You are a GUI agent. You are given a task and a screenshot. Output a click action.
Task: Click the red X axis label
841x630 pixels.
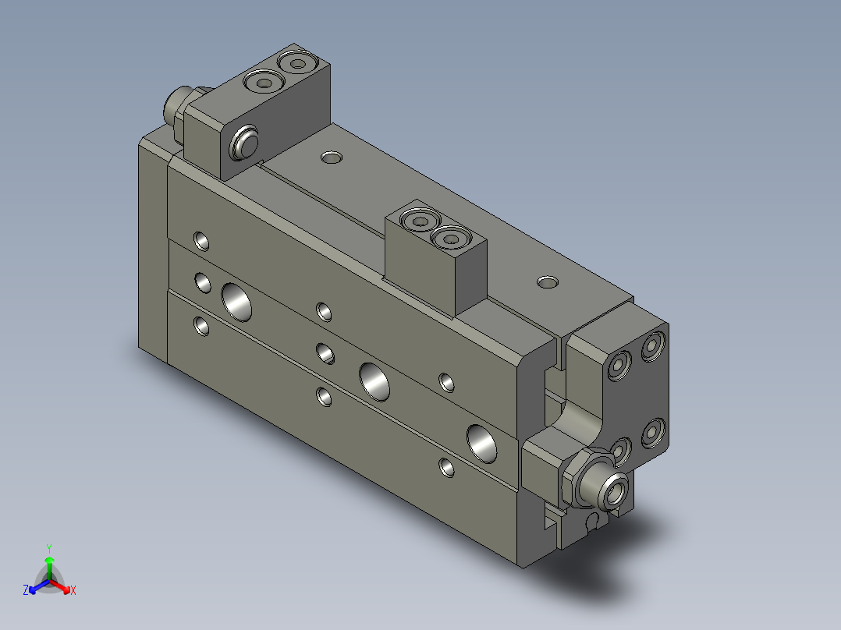73,590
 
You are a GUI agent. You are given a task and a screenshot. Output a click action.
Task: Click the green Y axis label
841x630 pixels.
48,548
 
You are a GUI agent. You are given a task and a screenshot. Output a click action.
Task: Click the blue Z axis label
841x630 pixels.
26,591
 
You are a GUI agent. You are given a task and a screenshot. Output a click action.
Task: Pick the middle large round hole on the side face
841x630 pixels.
375,380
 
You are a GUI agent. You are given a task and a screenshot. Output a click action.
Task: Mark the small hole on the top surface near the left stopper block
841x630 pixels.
332,158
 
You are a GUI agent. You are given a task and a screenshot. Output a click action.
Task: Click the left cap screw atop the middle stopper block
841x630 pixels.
419,222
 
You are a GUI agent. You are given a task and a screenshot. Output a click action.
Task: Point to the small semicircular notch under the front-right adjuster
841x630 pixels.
592,521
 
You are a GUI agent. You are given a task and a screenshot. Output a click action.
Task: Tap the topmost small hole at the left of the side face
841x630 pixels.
202,240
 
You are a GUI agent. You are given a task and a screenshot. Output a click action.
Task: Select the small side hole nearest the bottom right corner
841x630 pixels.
447,468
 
